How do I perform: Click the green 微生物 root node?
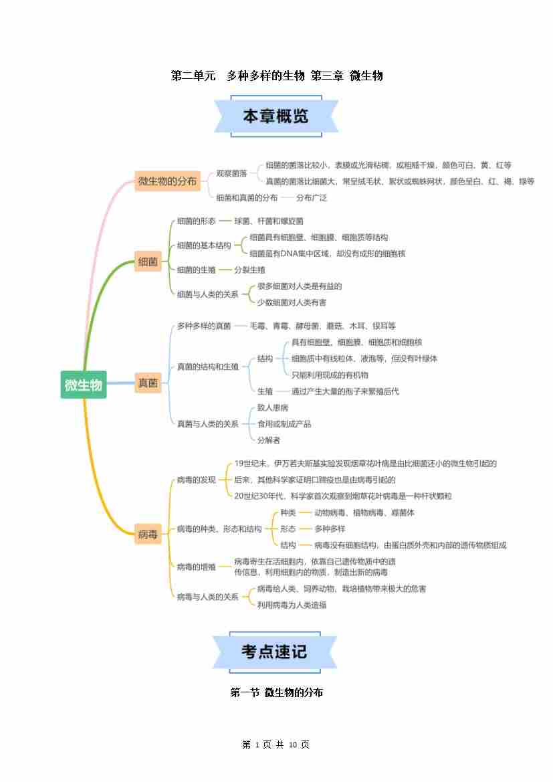(83, 385)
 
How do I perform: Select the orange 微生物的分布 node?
(167, 181)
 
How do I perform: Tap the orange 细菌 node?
(148, 262)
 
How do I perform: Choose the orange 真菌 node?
(148, 383)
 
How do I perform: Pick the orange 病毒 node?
(148, 534)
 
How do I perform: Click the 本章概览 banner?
(275, 116)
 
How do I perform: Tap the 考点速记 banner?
(275, 651)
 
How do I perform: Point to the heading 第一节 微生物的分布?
(276, 692)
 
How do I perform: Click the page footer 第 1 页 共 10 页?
(275, 745)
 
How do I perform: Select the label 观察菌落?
(231, 173)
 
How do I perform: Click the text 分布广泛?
(312, 198)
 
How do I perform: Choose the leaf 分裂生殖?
(249, 270)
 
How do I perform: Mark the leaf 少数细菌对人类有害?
(292, 302)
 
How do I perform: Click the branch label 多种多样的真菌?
(204, 326)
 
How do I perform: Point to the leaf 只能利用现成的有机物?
(330, 375)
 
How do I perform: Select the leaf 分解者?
(269, 439)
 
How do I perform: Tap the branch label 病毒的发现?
(196, 480)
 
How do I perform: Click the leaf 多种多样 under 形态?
(330, 528)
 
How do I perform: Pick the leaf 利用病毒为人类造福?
(292, 605)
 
